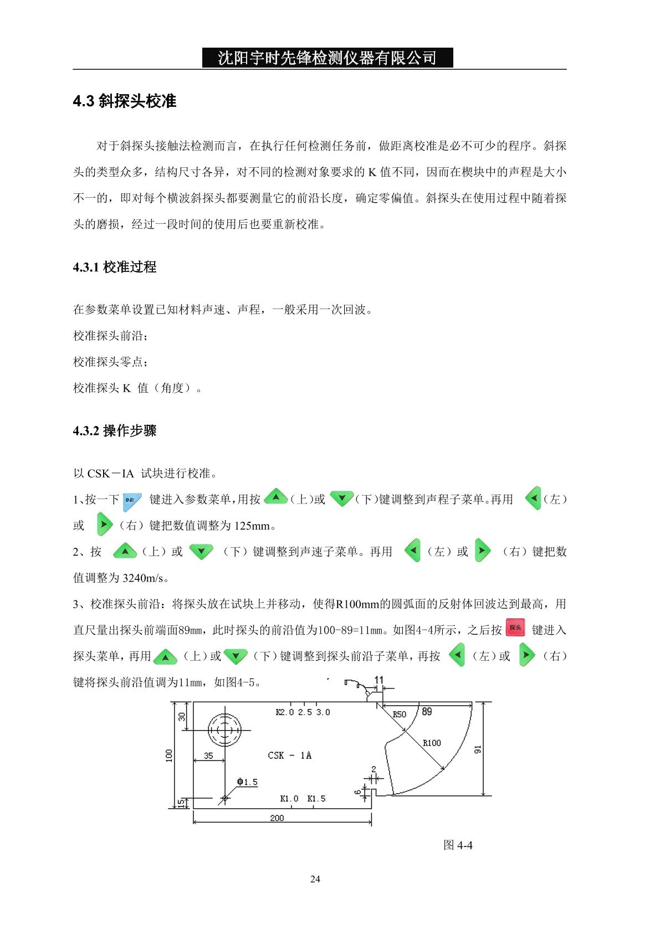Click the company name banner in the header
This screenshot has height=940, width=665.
(x=327, y=58)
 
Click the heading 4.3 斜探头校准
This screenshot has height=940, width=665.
(x=125, y=101)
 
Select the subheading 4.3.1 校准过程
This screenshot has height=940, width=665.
(x=115, y=267)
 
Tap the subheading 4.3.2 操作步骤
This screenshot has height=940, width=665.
(x=115, y=430)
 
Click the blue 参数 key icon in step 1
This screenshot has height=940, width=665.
(x=132, y=499)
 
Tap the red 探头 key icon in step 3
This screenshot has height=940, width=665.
(x=515, y=628)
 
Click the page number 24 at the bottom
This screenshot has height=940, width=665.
(x=315, y=879)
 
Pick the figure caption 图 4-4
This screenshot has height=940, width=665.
(x=458, y=845)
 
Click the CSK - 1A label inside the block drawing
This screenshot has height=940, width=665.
(x=289, y=755)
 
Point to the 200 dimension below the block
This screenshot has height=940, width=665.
(x=277, y=818)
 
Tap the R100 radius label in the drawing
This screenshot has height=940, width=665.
(x=432, y=743)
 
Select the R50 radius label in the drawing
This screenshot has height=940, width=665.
(x=399, y=715)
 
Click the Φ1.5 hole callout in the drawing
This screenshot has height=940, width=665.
(x=247, y=782)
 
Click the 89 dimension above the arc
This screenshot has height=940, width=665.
(x=427, y=711)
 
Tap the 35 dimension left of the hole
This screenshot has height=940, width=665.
(x=208, y=755)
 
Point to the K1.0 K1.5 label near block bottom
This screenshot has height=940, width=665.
(x=303, y=798)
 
